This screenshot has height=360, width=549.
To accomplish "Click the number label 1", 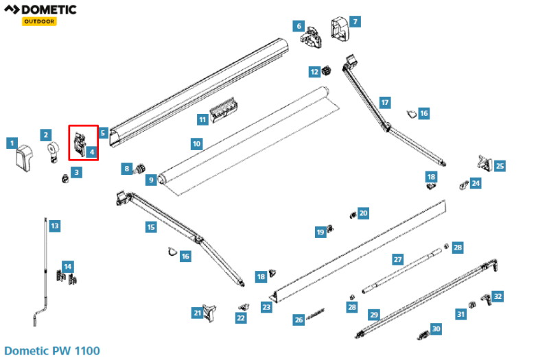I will click(x=12, y=143).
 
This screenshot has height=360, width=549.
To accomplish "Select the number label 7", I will click(x=354, y=22).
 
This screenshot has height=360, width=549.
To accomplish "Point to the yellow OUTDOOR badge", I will click(x=38, y=21).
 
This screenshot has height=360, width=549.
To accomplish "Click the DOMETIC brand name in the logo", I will click(x=48, y=10).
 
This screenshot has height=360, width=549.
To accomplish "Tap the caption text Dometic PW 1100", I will click(x=51, y=351).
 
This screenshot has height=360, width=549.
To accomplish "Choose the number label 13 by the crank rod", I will click(x=55, y=226).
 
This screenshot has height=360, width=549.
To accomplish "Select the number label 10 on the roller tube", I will click(x=196, y=144).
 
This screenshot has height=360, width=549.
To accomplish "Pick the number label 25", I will click(x=500, y=166).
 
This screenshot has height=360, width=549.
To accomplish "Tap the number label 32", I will click(x=498, y=296).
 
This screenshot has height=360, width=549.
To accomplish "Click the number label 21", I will click(x=198, y=313).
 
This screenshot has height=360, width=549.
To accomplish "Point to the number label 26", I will click(x=299, y=320).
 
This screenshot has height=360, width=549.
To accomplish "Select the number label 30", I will click(x=436, y=329).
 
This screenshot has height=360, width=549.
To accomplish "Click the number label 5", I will click(x=103, y=133).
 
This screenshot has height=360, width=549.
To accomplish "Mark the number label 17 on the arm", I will click(x=385, y=102).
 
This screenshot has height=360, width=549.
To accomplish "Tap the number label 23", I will click(x=266, y=308).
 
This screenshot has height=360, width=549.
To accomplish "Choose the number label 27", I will click(x=397, y=260).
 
